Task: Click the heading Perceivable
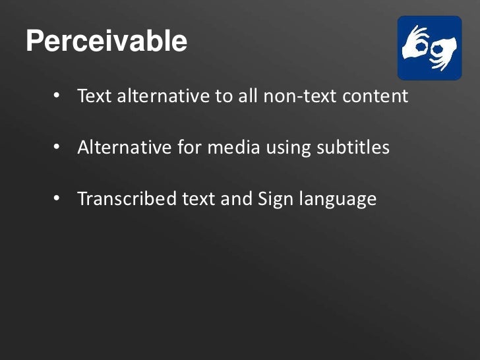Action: pos(106,42)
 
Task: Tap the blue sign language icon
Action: pos(429,48)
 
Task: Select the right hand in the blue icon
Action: pos(443,51)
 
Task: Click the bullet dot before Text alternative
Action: pos(57,96)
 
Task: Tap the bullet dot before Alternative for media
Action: pos(57,147)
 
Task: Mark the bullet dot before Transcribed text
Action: pos(57,198)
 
